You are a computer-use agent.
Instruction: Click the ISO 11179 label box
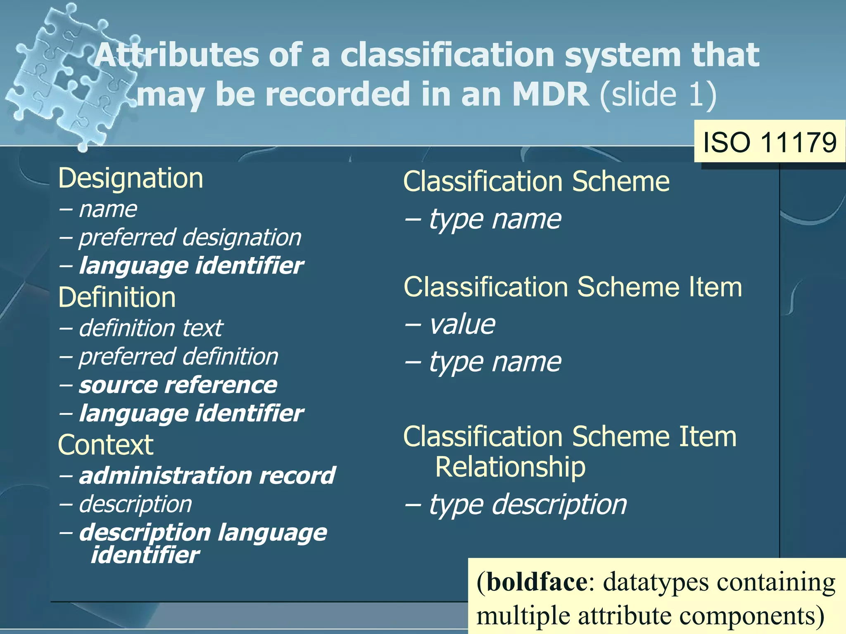(x=770, y=142)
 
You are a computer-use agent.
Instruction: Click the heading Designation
(x=131, y=178)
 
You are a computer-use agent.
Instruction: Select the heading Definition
(x=117, y=298)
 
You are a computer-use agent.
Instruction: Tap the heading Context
(x=106, y=445)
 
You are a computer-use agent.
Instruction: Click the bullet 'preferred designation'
(x=190, y=238)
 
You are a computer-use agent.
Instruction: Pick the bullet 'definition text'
(x=151, y=328)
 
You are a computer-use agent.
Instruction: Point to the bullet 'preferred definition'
(x=178, y=357)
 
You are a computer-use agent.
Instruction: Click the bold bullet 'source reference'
(x=178, y=385)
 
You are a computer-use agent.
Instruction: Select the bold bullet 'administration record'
(x=207, y=475)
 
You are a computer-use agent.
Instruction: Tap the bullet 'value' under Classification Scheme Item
(x=462, y=324)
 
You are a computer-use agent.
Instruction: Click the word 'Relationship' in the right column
(x=510, y=467)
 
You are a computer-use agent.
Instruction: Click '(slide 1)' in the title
(x=658, y=94)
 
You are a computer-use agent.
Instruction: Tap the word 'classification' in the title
(x=447, y=55)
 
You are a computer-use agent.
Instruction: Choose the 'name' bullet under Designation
(x=108, y=209)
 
